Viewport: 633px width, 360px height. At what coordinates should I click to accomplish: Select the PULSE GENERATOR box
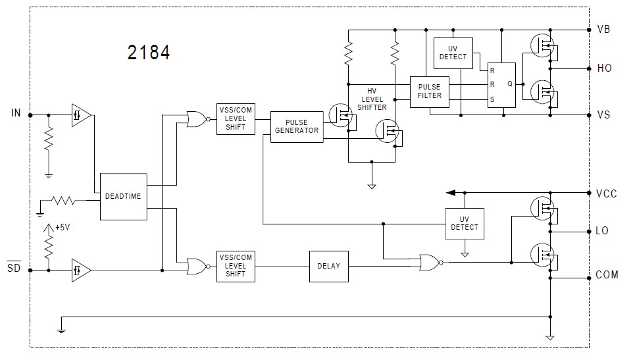pyautogui.click(x=297, y=126)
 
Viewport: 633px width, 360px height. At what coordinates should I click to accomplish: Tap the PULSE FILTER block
pyautogui.click(x=429, y=91)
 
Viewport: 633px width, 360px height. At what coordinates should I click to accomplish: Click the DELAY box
pyautogui.click(x=328, y=266)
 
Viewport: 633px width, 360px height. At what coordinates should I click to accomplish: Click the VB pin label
pyautogui.click(x=603, y=30)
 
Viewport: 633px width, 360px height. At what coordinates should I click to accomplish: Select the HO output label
pyautogui.click(x=604, y=68)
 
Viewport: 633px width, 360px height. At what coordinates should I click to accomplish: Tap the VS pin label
pyautogui.click(x=603, y=115)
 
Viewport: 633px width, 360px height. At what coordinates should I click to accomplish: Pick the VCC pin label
pyautogui.click(x=606, y=193)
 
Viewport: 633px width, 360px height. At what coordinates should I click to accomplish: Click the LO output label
pyautogui.click(x=602, y=231)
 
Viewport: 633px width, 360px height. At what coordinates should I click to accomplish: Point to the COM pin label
pyautogui.click(x=607, y=274)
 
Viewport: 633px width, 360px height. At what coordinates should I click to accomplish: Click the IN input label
pyautogui.click(x=16, y=113)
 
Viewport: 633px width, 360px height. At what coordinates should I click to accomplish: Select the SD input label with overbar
pyautogui.click(x=14, y=268)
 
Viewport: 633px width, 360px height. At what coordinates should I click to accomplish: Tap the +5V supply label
pyautogui.click(x=62, y=227)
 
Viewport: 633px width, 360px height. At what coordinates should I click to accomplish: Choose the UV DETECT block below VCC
pyautogui.click(x=465, y=223)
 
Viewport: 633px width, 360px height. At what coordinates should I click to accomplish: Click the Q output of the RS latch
pyautogui.click(x=510, y=84)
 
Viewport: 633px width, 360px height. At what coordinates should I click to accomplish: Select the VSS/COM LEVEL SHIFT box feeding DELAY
pyautogui.click(x=235, y=266)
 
